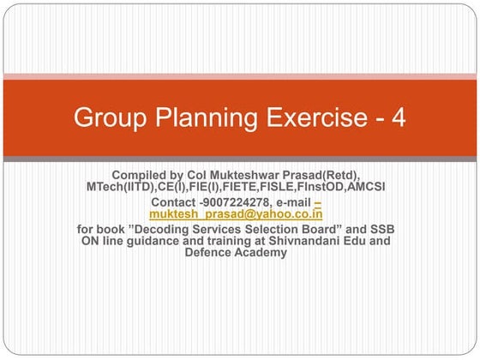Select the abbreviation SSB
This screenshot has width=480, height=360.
coord(381,229)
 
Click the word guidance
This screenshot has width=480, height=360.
coord(161,241)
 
